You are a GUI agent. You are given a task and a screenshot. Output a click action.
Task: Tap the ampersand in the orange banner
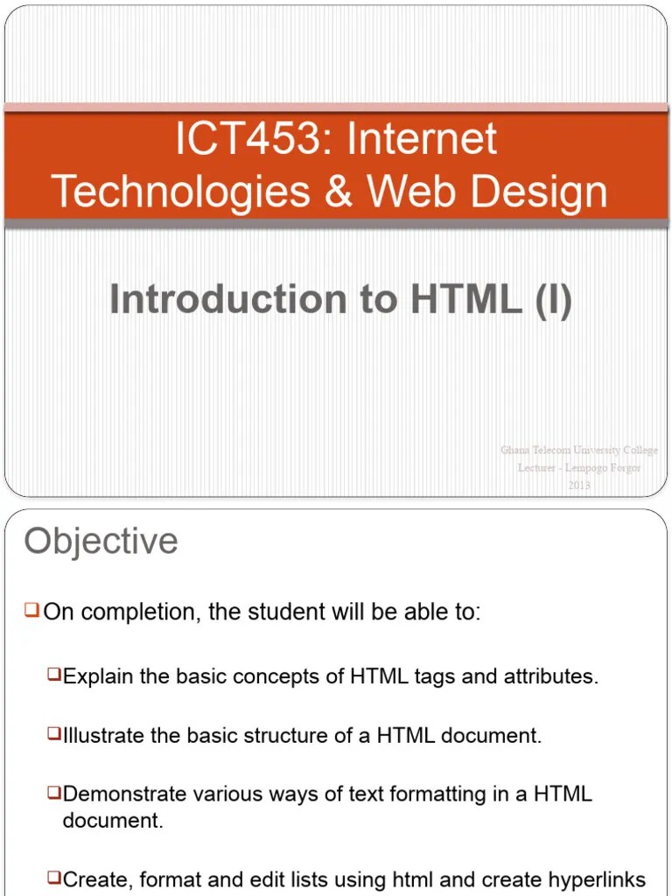338,192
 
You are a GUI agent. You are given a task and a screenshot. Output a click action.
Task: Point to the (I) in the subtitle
552,300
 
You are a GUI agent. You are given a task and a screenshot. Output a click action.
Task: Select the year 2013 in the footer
579,485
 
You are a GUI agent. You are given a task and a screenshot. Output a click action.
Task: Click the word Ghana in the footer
515,451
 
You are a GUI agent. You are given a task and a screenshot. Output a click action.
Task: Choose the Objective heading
101,542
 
